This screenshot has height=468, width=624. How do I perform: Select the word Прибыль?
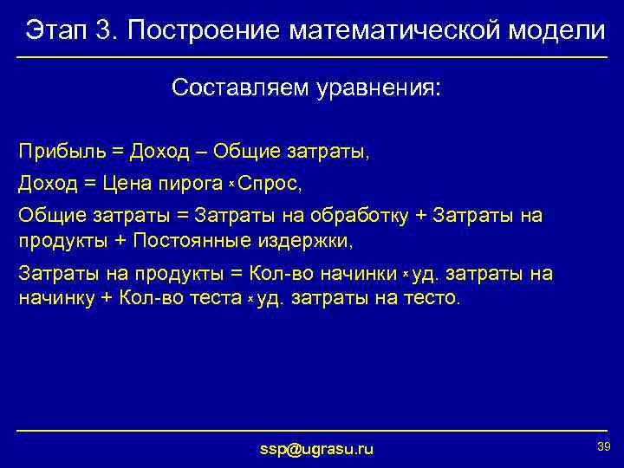(60, 152)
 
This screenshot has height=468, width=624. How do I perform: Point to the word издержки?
(309, 238)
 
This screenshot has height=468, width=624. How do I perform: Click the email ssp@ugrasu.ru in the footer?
(317, 449)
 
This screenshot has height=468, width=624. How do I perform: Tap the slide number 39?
(603, 445)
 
